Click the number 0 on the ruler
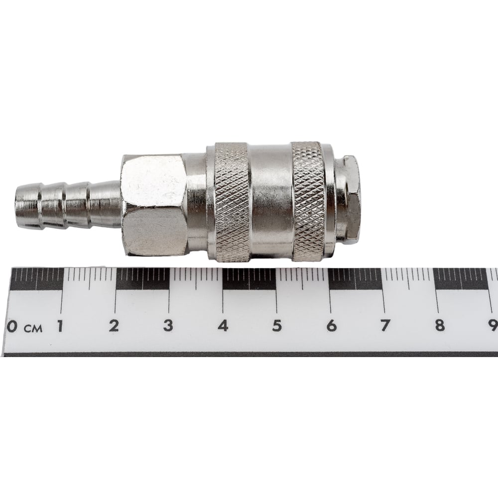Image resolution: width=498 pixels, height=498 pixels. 12,326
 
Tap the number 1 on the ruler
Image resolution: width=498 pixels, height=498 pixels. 60,326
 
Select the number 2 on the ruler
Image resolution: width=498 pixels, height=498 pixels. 114,326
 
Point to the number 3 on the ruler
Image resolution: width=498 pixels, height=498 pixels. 168,326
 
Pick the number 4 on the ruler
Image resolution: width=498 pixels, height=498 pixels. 223,326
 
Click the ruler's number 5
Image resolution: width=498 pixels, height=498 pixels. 277,326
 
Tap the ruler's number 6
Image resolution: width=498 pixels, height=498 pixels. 331,326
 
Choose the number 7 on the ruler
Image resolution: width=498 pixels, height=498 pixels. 385,326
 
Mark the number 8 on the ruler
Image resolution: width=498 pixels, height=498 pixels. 440,326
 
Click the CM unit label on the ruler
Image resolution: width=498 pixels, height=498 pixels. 33,328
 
